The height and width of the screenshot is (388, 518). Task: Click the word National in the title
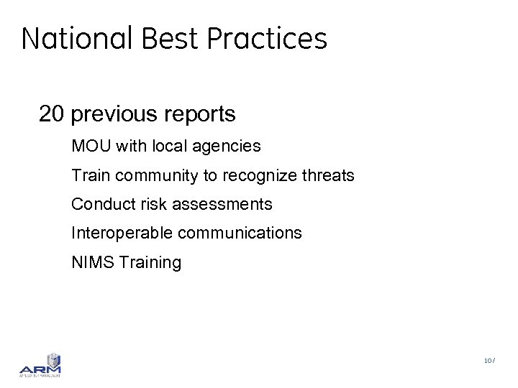(78, 38)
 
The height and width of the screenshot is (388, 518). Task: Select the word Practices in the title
(267, 38)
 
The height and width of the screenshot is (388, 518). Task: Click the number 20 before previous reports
(53, 114)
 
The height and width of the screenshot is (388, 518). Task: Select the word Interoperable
(122, 234)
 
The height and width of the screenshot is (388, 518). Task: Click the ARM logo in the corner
(40, 365)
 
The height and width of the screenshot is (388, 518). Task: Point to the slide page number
(489, 361)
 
